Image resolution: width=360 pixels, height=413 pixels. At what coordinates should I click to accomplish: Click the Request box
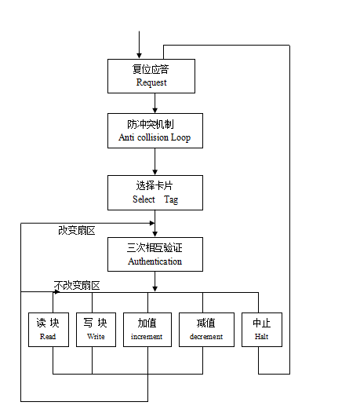pyautogui.click(x=155, y=75)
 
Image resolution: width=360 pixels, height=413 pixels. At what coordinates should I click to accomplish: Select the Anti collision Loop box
pyautogui.click(x=155, y=131)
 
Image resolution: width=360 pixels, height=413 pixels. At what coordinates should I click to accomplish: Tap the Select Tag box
pyautogui.click(x=155, y=192)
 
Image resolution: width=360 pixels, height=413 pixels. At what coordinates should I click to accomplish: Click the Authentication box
pyautogui.click(x=155, y=254)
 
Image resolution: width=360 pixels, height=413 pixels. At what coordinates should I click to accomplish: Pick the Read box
pyautogui.click(x=48, y=330)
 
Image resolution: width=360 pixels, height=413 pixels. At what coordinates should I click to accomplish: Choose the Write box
pyautogui.click(x=96, y=330)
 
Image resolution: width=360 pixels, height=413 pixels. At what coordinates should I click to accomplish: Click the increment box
pyautogui.click(x=147, y=330)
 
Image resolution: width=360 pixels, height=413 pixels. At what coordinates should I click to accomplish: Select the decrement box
pyautogui.click(x=205, y=330)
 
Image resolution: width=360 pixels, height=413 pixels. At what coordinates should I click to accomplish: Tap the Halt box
pyautogui.click(x=261, y=330)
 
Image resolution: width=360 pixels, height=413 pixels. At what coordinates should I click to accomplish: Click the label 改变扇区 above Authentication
pyautogui.click(x=76, y=230)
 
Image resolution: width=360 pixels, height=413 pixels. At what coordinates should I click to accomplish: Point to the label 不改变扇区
pyautogui.click(x=77, y=285)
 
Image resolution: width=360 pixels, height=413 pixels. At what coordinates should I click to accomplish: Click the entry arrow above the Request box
pyautogui.click(x=140, y=45)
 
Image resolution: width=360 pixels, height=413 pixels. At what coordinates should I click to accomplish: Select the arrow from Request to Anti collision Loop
pyautogui.click(x=155, y=103)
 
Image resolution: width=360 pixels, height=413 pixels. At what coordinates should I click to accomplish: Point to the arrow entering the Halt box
pyautogui.click(x=258, y=302)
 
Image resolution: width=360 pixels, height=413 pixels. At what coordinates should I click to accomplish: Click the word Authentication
pyautogui.click(x=155, y=261)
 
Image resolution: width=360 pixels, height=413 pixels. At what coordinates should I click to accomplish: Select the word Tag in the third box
pyautogui.click(x=171, y=199)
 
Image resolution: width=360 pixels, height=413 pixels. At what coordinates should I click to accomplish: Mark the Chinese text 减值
pyautogui.click(x=205, y=323)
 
